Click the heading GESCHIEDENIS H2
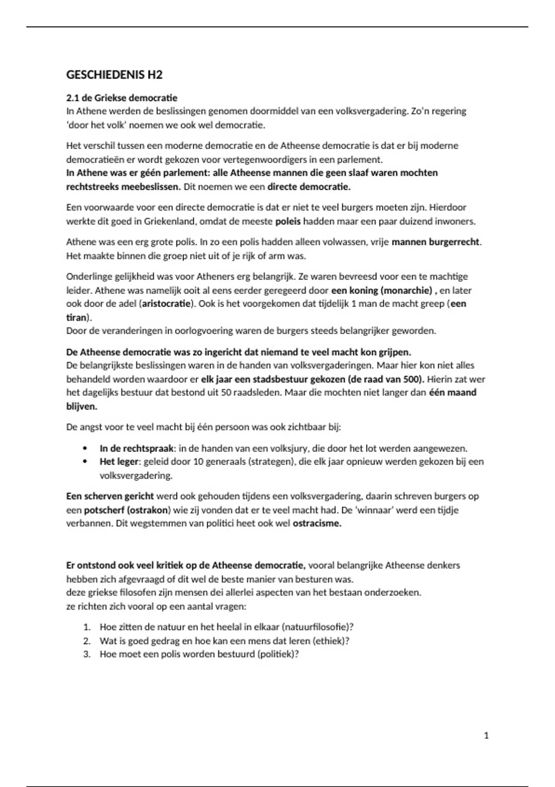(x=114, y=75)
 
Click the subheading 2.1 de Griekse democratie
(x=122, y=98)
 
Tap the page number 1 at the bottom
(x=486, y=735)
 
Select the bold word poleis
(x=288, y=221)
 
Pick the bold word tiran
(x=76, y=318)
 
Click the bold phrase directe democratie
(x=309, y=187)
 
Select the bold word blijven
(x=82, y=406)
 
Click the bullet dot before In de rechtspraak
(x=84, y=448)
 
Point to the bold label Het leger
(x=119, y=462)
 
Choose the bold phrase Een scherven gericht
(x=110, y=496)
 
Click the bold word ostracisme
(x=317, y=524)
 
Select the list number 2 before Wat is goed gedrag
(x=86, y=641)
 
